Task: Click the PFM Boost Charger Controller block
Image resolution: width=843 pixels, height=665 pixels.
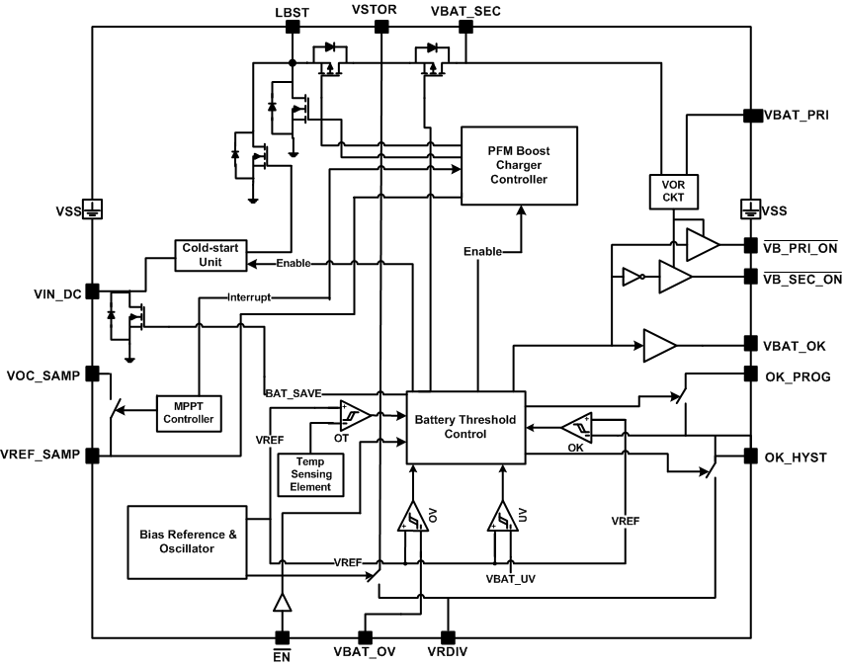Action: [520, 165]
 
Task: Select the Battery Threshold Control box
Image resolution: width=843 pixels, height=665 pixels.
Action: [465, 427]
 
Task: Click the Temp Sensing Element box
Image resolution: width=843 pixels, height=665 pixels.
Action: [311, 473]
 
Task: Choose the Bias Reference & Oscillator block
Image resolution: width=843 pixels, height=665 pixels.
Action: [189, 541]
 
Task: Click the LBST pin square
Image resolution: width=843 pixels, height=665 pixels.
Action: [293, 28]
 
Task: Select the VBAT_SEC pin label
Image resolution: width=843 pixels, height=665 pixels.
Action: [464, 11]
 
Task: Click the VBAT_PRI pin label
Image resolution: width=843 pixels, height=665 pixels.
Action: [796, 116]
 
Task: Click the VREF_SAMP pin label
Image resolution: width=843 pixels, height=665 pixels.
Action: [43, 456]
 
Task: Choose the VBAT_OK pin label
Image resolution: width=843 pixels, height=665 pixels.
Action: [795, 346]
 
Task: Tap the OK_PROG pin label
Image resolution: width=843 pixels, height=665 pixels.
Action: [797, 376]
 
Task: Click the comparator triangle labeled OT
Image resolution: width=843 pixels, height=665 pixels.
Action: [353, 416]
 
